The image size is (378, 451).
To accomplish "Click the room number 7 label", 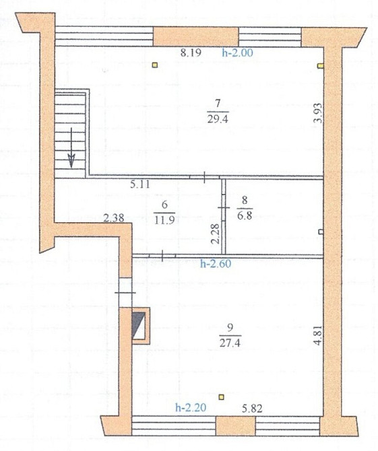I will pos(217,103).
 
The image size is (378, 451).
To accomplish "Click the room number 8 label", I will pos(244,200).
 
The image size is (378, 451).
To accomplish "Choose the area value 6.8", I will pos(244,214).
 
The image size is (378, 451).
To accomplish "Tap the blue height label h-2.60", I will pos(216,264).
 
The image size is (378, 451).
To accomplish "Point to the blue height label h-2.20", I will pos(190,407).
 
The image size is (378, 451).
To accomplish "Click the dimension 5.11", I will pos(140,182).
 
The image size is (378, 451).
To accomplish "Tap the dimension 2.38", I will pos(114,217).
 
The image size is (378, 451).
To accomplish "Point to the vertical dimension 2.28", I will pos(214,234).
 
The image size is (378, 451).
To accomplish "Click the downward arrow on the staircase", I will pos(71,160).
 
